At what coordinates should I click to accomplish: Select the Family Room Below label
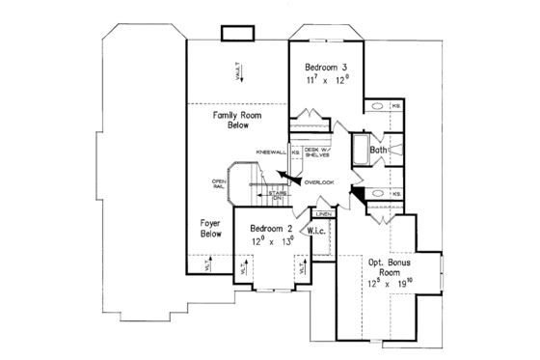[231, 120]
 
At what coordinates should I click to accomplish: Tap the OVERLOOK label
[319, 182]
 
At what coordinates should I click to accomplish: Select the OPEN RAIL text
[219, 185]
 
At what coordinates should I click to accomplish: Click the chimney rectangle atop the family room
[235, 36]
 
